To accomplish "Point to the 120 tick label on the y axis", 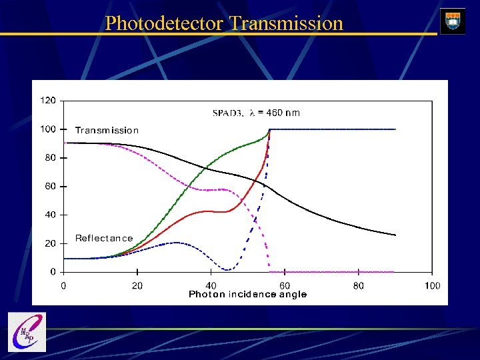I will pos(48,101).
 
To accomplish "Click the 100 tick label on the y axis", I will pos(48,129).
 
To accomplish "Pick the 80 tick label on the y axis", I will pos(50,158).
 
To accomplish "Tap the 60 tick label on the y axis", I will pos(50,187).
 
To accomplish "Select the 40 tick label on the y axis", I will pos(50,215).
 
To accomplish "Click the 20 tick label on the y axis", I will pos(50,244).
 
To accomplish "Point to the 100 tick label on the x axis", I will pos(432,286).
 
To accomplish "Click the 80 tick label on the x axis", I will pos(359,286).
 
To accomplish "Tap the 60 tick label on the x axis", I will pos(285,286).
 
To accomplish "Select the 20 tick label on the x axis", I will pos(137,286).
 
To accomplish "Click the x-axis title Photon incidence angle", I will pos(247,295).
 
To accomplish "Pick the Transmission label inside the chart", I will pos(107,131).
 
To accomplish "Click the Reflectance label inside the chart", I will pos(104,238).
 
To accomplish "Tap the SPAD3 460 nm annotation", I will pos(256,113).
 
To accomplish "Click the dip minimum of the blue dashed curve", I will pos(228,270).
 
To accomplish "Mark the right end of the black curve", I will pos(395,235).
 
